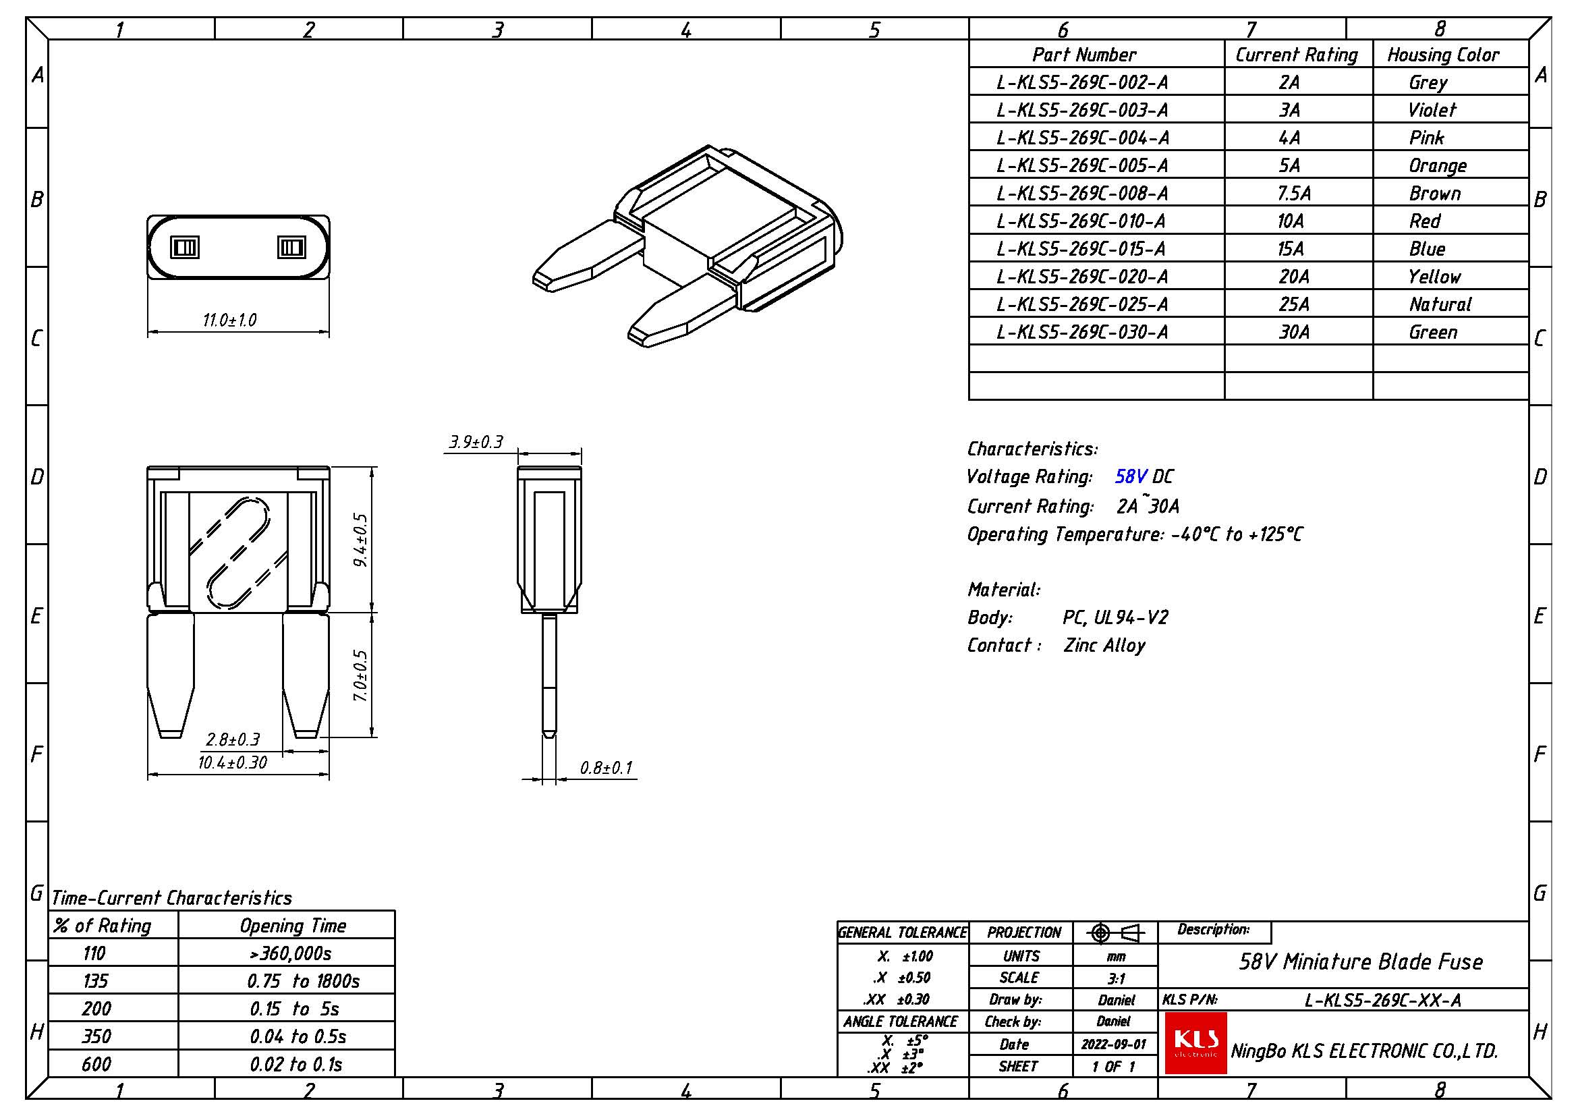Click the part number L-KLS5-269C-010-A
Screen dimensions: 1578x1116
[x=1081, y=221]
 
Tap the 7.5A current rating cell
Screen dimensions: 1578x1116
[x=1294, y=194]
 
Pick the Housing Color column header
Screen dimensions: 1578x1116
[x=1442, y=55]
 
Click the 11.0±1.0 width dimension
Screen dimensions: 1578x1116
[x=229, y=320]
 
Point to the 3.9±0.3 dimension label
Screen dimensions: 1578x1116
[x=476, y=442]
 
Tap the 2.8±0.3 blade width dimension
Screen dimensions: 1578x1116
[x=233, y=740]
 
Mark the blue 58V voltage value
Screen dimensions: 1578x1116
[x=1131, y=476]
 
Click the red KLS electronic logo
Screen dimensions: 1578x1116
[x=1196, y=1042]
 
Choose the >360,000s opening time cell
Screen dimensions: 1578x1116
[x=291, y=953]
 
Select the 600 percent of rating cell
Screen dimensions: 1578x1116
[x=96, y=1065]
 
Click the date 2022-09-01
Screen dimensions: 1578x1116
[x=1114, y=1044]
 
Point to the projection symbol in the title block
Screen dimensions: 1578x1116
[x=1115, y=933]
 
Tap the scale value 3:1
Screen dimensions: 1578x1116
[x=1116, y=978]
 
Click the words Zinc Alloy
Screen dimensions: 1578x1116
[x=1104, y=645]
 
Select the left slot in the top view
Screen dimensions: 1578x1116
[x=184, y=247]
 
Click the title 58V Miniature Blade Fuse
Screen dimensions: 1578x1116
[x=1361, y=961]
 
